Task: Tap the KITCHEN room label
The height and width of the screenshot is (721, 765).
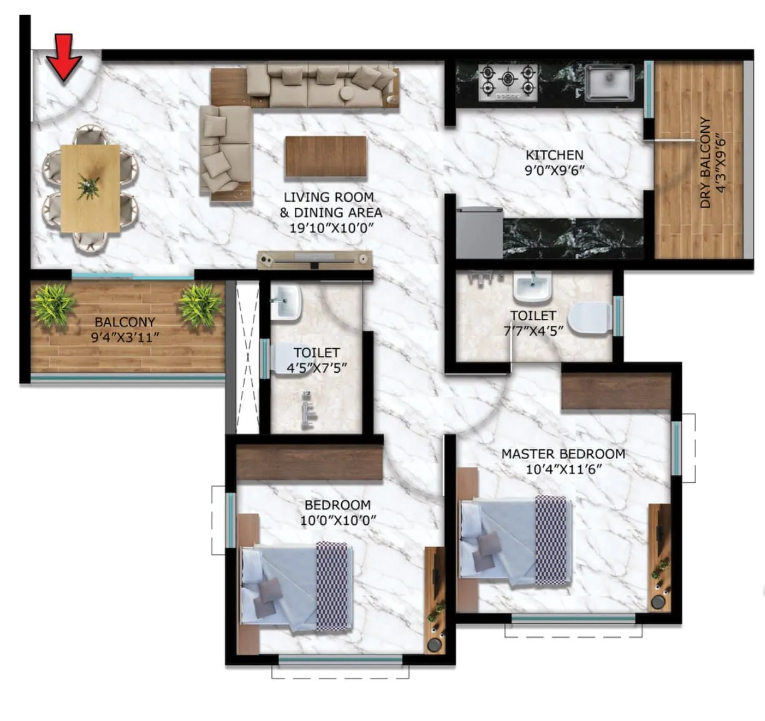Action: coord(554,155)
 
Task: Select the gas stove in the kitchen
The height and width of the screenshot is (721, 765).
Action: coord(508,81)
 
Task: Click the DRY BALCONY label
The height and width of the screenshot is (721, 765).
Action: coord(706,162)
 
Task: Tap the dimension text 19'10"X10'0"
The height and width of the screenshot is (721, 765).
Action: coord(331,228)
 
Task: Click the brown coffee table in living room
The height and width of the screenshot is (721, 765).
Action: coord(326,157)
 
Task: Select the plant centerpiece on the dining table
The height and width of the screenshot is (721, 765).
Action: coord(89,187)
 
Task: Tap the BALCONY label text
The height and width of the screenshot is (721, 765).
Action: coord(125,322)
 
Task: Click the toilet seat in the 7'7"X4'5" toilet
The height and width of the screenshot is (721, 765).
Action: coord(590,319)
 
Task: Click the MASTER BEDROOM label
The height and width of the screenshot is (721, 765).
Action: coord(563,454)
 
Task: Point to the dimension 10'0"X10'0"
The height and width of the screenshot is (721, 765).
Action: coord(338,521)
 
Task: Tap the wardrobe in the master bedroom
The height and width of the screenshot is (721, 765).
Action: coord(616,391)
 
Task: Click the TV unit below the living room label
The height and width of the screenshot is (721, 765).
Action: coord(315,259)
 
